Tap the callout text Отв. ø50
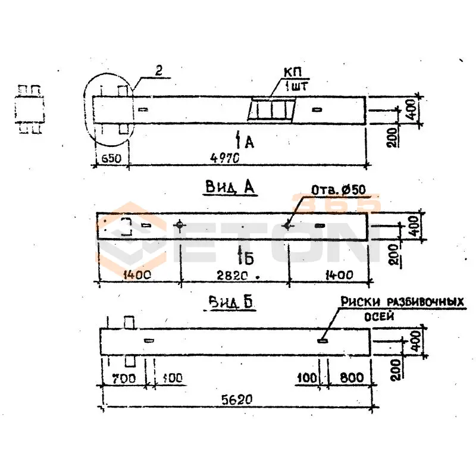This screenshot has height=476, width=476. coord(338,190)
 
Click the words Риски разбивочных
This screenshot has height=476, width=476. coord(402,303)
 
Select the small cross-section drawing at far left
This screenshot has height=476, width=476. coord(30,109)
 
